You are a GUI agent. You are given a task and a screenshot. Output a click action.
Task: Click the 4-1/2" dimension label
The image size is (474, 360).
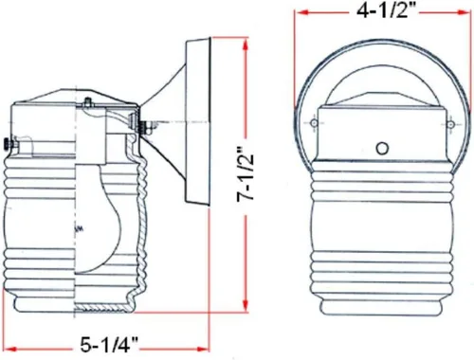point(383,10)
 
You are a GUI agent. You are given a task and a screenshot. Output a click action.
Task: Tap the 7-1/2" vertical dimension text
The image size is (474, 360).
point(246,173)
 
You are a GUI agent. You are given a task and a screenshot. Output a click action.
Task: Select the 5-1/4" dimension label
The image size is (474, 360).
point(109,345)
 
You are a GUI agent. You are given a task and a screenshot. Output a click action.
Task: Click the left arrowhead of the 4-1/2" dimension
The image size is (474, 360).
point(301,12)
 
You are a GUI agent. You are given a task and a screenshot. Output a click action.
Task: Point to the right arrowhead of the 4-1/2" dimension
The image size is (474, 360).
point(465,12)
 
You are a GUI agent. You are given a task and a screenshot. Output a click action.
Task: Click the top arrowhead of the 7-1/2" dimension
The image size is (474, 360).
point(246,45)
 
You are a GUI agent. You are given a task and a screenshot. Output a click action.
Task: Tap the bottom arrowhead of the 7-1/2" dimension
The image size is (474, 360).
point(246,305)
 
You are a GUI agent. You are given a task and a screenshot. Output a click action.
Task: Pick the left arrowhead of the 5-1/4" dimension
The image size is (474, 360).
point(10,349)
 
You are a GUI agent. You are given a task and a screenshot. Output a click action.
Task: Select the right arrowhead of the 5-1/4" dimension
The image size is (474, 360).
point(202,349)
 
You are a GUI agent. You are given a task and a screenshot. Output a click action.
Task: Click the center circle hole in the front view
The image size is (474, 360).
point(382,148)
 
